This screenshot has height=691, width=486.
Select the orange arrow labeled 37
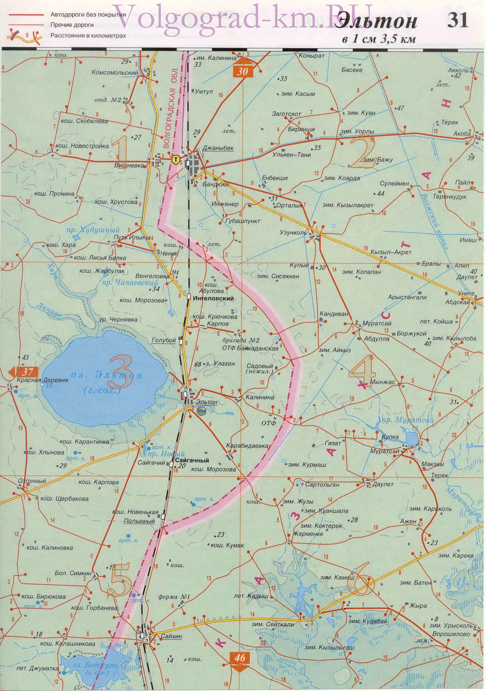point(25,371)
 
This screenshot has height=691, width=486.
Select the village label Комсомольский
point(115,73)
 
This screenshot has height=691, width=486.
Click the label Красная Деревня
point(42,380)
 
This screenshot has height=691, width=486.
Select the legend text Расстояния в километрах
point(88,36)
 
